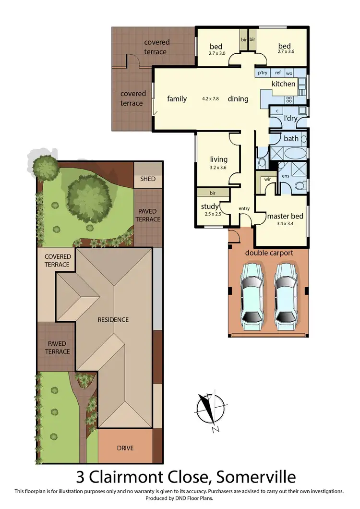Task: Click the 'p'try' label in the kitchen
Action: pyautogui.click(x=262, y=73)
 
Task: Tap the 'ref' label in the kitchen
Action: pyautogui.click(x=277, y=73)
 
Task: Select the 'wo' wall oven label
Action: pyautogui.click(x=289, y=73)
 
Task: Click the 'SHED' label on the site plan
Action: pyautogui.click(x=148, y=179)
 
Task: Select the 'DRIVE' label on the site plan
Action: pyautogui.click(x=125, y=448)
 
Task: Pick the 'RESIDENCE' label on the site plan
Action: pyautogui.click(x=113, y=319)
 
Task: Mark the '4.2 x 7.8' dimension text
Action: pyautogui.click(x=211, y=99)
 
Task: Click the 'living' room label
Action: pyautogui.click(x=219, y=159)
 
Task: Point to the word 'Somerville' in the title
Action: pyautogui.click(x=256, y=477)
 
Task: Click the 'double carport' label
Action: pyautogui.click(x=269, y=253)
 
